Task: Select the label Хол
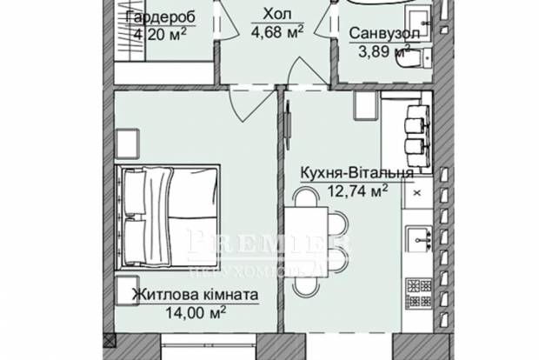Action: click(271, 15)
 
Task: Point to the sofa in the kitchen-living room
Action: click(415, 130)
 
